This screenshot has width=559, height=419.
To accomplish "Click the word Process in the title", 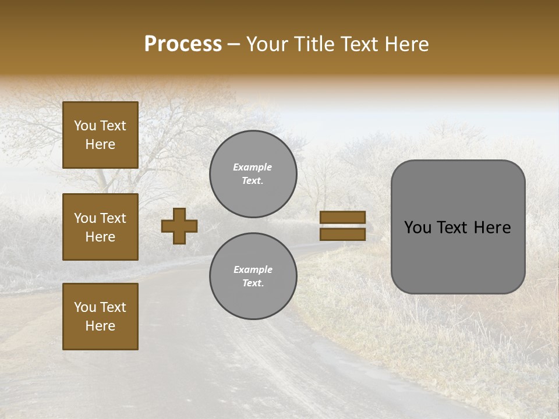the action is [x=183, y=44].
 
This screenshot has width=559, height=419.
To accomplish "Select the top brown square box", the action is [x=100, y=135].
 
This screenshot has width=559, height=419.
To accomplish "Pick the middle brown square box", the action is [x=100, y=227].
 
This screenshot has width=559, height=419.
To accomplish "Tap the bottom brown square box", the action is [x=100, y=316].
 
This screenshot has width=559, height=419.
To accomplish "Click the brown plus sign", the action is [x=179, y=226].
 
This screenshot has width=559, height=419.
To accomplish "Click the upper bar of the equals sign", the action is [x=343, y=218].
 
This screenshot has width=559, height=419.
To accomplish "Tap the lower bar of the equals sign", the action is [x=343, y=235].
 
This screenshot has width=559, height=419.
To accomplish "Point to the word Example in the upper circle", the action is [x=253, y=167].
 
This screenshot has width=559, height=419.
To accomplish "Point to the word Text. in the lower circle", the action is [x=253, y=283].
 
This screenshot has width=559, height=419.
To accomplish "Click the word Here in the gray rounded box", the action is [x=492, y=228].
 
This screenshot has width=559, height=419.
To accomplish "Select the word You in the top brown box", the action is [x=85, y=126].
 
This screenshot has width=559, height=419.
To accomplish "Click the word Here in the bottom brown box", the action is [x=100, y=326].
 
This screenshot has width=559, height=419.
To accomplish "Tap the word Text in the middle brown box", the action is [x=114, y=218].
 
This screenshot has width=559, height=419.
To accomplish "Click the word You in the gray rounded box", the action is [x=418, y=228].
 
